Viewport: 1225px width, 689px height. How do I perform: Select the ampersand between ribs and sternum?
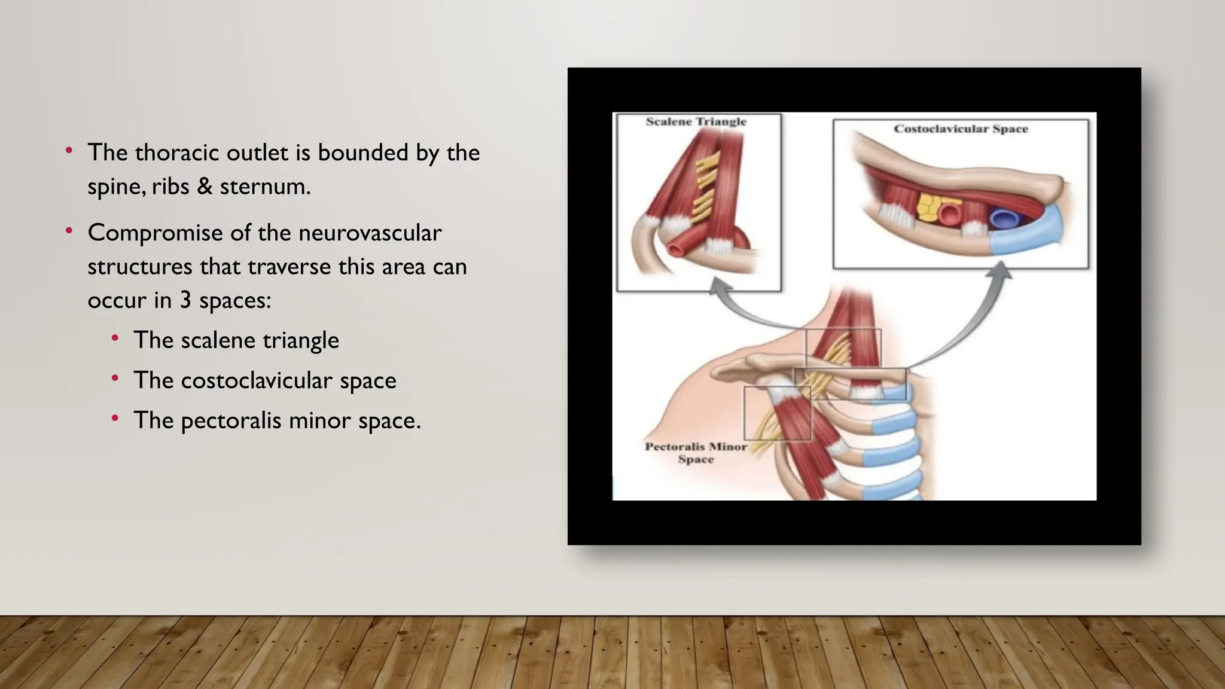point(205,187)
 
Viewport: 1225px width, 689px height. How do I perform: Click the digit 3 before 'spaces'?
point(185,300)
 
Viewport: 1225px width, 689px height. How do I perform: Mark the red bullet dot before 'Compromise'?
point(69,230)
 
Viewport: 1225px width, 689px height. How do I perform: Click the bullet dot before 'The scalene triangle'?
point(115,339)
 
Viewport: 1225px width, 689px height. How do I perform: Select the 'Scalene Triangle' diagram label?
point(696,121)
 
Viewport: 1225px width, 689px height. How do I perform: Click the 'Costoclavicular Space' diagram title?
point(961,129)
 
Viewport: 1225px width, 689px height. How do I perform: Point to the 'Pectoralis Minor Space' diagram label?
point(696,453)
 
